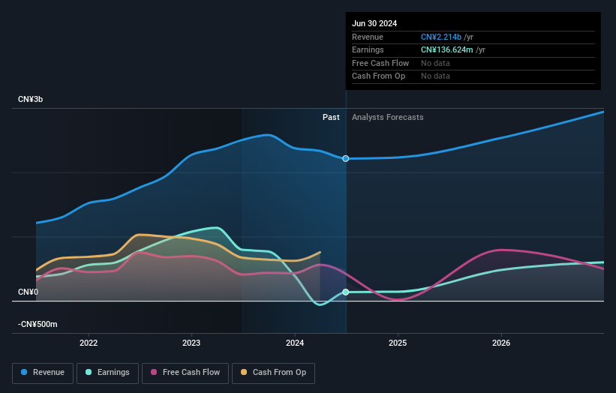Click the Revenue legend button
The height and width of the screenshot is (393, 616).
(x=44, y=372)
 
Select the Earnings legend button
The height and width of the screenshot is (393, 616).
(x=107, y=372)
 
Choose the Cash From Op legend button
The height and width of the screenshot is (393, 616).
(x=274, y=372)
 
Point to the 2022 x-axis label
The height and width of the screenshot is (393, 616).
(x=89, y=343)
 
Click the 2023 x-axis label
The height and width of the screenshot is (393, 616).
(x=191, y=343)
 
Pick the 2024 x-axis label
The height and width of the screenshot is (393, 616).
(x=295, y=343)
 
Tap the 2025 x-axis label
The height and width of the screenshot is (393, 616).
(x=398, y=343)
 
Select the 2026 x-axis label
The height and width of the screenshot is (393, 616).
(x=501, y=343)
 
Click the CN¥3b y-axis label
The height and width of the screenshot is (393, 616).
(x=31, y=100)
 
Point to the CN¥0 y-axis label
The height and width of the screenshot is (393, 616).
(x=28, y=292)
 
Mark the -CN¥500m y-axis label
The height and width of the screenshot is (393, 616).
(x=38, y=324)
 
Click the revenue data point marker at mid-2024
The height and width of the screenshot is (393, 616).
(x=346, y=158)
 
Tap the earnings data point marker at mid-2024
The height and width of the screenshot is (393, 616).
(x=346, y=292)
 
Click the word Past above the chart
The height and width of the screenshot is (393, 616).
(x=331, y=117)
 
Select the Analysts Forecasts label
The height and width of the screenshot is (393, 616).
(x=387, y=117)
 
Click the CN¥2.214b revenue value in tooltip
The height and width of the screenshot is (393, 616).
(x=441, y=37)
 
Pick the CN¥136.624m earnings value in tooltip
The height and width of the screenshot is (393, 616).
(x=447, y=50)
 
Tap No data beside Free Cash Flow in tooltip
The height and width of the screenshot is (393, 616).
(x=435, y=63)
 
